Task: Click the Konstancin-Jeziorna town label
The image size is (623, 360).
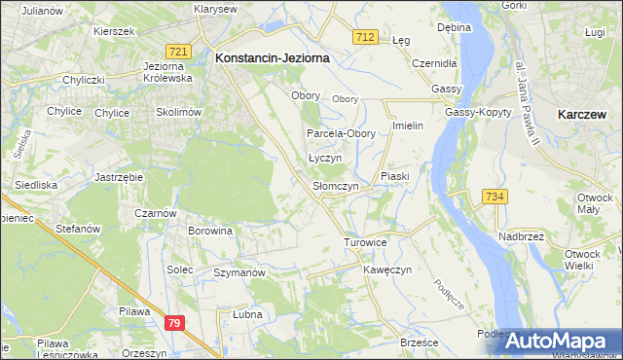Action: click(x=272, y=58)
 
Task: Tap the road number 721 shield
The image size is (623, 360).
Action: click(x=177, y=51)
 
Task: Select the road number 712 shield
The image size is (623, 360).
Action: click(x=365, y=36)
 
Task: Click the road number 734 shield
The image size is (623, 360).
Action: click(x=495, y=197)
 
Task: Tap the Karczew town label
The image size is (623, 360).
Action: click(x=584, y=114)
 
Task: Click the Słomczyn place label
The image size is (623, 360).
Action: click(x=336, y=186)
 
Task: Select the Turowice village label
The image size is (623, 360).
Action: click(x=366, y=241)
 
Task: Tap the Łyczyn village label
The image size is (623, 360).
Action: click(x=324, y=158)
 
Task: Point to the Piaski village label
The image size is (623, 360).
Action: click(x=398, y=176)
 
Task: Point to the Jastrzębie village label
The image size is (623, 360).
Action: click(x=120, y=177)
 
